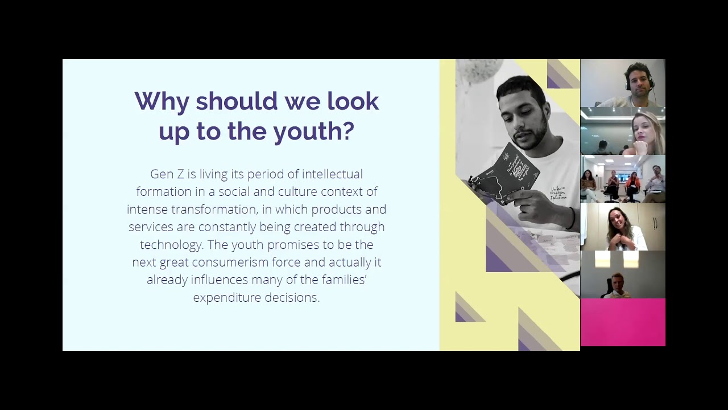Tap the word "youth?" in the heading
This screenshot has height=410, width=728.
[314, 131]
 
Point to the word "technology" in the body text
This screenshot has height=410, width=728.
[170, 244]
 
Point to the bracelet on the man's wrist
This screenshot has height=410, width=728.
[570, 218]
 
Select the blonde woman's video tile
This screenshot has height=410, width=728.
[623, 131]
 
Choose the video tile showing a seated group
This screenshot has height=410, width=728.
[623, 179]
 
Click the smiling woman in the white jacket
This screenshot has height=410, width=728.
[623, 228]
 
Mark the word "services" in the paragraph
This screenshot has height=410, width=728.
[149, 227]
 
